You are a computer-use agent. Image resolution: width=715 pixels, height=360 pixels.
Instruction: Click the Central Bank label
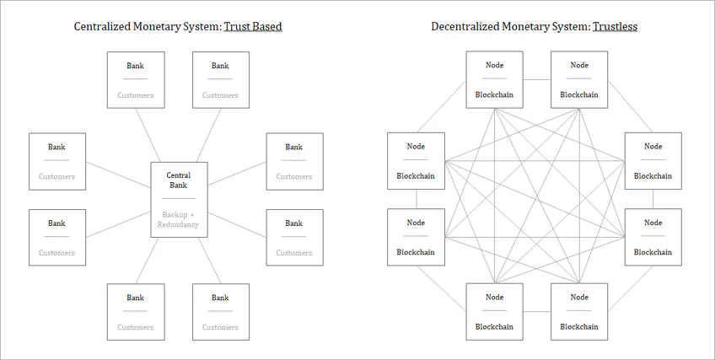pos(178,180)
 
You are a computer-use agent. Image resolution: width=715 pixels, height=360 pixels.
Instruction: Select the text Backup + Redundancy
pos(178,219)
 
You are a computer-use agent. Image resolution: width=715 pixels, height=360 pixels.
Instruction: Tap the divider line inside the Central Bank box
pos(179,199)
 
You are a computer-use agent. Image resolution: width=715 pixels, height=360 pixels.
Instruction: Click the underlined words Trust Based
pos(253,26)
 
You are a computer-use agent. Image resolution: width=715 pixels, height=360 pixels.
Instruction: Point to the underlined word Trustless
pos(615,26)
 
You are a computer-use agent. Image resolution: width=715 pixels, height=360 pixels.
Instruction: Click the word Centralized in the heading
pos(102,26)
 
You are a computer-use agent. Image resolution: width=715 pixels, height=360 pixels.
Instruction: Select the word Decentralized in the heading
pos(465,26)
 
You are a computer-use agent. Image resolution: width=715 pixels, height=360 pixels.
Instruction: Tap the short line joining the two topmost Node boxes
pos(537,80)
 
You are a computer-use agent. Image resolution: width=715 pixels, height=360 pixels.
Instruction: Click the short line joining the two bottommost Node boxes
pos(537,312)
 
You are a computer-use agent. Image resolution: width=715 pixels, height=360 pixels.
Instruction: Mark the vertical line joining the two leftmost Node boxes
pos(417,199)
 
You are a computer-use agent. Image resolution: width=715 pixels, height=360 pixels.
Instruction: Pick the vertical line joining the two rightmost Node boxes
pos(653,199)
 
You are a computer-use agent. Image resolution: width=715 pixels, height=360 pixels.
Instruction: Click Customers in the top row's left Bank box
pos(136,95)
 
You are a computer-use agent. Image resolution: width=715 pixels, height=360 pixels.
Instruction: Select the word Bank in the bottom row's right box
pos(220,298)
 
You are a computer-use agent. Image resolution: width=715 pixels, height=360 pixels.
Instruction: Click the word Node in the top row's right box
pos(579,65)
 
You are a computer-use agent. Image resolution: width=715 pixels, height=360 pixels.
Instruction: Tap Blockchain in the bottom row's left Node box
pos(494,327)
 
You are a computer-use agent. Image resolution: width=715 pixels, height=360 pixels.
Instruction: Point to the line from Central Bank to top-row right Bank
pos(209,136)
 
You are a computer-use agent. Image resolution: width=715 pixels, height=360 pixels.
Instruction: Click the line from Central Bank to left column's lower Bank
pos(118,224)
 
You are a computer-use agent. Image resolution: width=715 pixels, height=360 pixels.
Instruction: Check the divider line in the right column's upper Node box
pos(653,160)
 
